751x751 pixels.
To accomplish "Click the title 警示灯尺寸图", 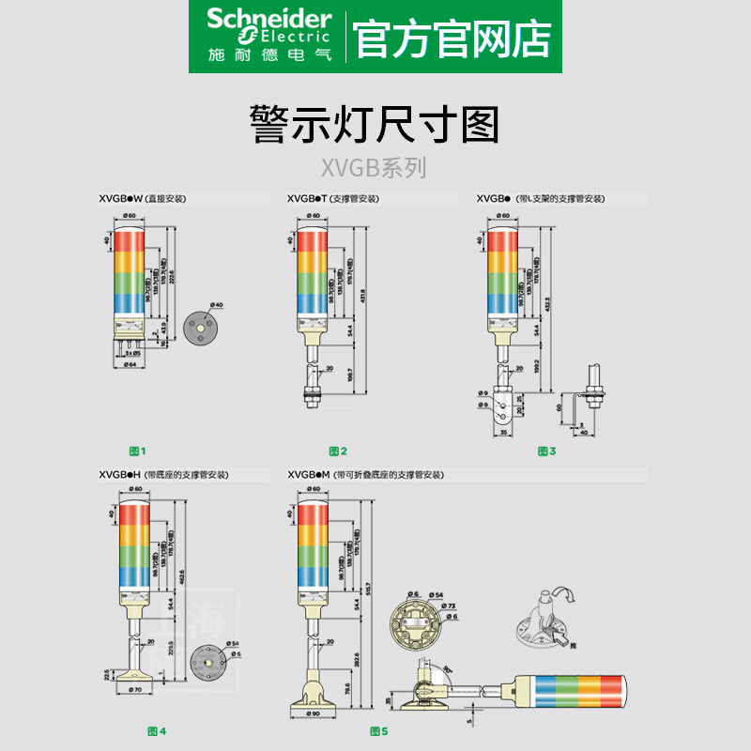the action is [375, 125].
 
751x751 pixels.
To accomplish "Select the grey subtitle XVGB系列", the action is [375, 168].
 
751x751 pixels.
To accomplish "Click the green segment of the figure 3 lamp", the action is [502, 280].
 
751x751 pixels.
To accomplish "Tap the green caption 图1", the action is [137, 452].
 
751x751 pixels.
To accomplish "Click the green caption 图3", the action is [546, 452].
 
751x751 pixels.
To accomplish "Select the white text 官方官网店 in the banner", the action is [452, 37].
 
